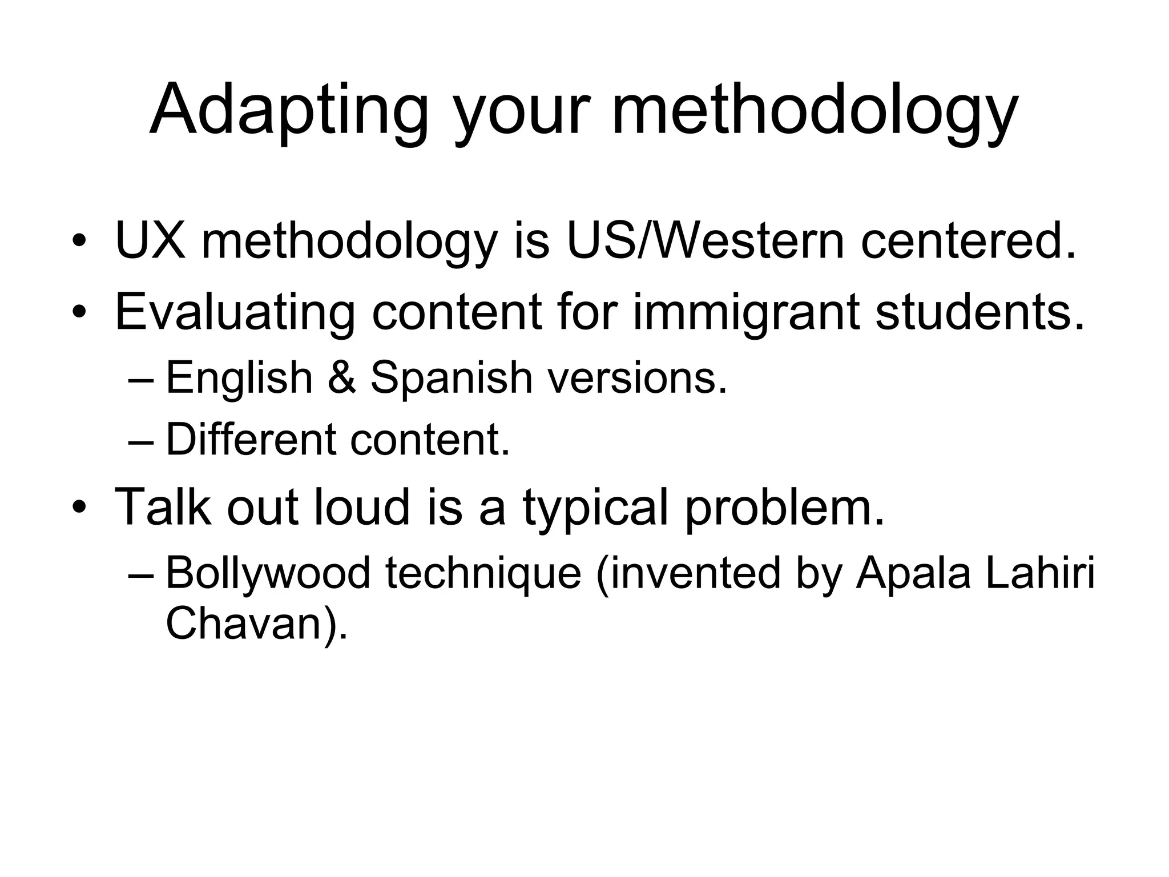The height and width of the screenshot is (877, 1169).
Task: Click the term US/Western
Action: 705,240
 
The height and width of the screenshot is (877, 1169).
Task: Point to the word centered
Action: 968,240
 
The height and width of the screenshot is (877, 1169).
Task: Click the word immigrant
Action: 745,313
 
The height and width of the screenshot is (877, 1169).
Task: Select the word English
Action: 239,378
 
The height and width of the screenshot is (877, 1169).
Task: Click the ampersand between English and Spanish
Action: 342,378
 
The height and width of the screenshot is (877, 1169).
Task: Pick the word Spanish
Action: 451,378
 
